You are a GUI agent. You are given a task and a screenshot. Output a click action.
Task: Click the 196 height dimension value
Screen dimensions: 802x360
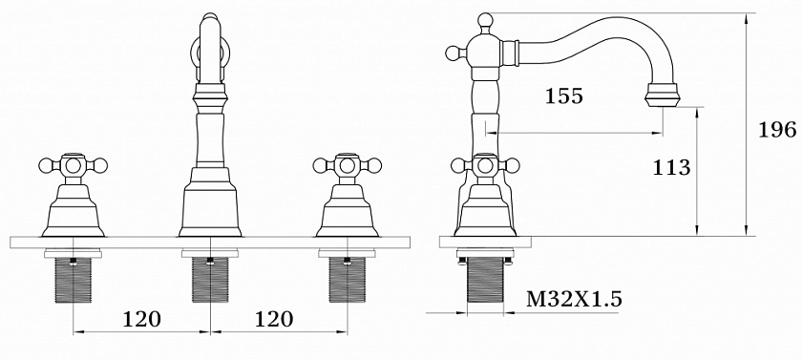(777, 130)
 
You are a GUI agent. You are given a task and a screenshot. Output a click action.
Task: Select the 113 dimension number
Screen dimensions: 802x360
(671, 167)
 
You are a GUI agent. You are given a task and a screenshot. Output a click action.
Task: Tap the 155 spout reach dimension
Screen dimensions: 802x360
(563, 95)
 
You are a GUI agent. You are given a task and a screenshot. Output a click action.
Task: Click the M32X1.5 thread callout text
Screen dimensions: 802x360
(574, 299)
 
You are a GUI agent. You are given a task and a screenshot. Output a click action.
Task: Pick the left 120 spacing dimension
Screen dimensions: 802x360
(141, 319)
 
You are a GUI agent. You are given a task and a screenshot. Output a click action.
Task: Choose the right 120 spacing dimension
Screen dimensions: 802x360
(274, 319)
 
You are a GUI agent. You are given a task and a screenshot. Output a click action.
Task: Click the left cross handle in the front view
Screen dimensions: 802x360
(74, 165)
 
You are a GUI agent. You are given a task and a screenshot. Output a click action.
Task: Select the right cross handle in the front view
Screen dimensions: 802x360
(348, 165)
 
